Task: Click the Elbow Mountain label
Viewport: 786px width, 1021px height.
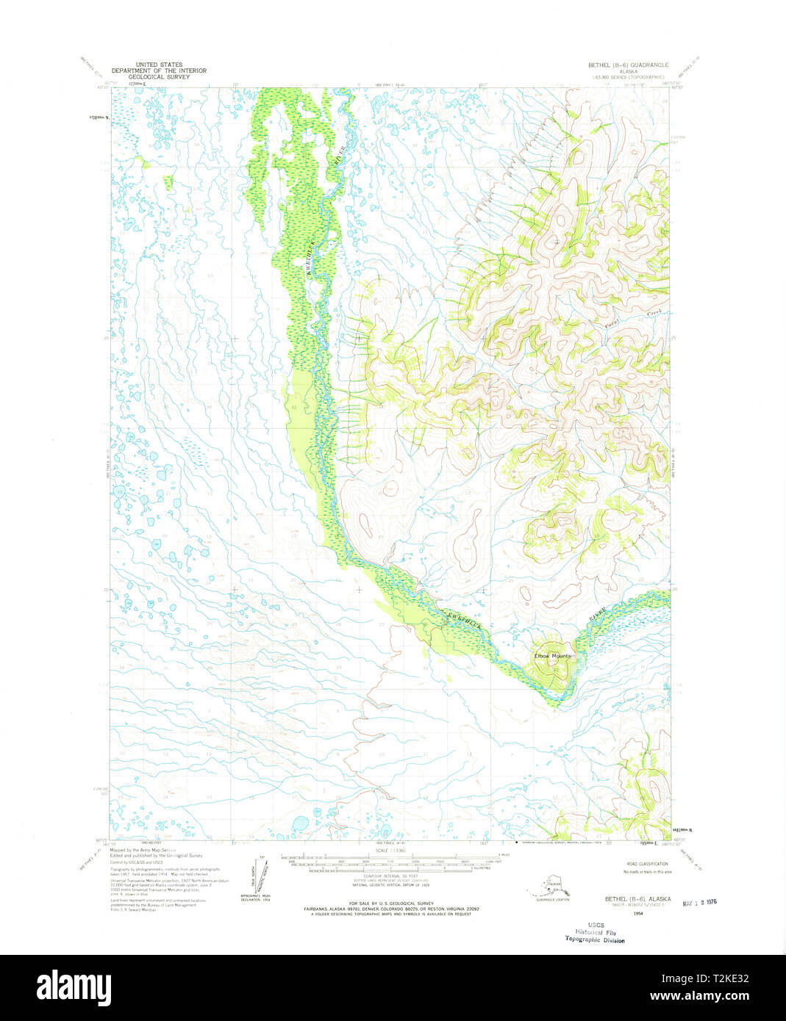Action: click(555, 655)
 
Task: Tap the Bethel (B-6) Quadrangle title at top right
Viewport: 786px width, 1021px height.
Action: click(629, 65)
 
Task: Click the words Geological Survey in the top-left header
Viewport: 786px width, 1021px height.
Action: click(159, 76)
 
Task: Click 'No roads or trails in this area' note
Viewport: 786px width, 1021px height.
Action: click(646, 872)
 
